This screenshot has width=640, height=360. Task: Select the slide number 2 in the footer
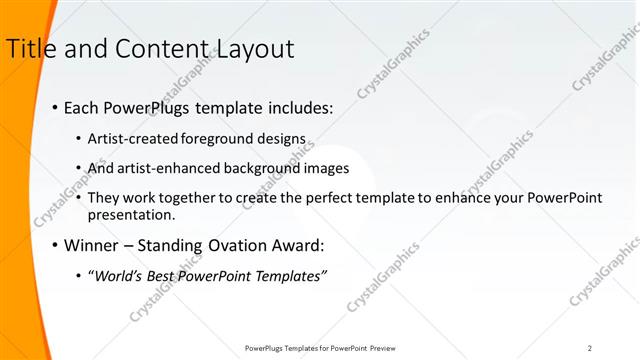point(589,347)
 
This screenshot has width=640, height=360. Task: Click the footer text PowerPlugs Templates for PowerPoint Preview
point(320,347)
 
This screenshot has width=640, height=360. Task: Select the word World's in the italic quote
point(121,275)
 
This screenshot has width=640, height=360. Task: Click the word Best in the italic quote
point(165,275)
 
